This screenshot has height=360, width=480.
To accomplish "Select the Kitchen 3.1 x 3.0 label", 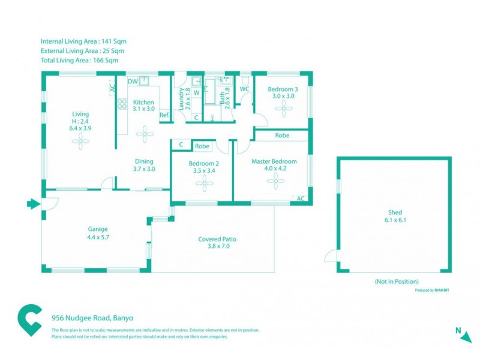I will (x=144, y=106).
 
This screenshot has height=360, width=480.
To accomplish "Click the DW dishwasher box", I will (x=133, y=82).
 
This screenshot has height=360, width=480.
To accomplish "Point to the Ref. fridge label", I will (x=164, y=115).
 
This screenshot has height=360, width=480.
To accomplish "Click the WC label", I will (x=244, y=89).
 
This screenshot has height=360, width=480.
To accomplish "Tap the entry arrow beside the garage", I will (x=33, y=205).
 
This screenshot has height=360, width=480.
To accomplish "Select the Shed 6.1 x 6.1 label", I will (x=394, y=216).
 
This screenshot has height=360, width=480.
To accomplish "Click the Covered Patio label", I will (x=217, y=242).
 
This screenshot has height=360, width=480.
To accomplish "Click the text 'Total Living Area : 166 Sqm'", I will (x=79, y=60).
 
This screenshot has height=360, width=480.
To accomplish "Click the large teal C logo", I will (x=30, y=322).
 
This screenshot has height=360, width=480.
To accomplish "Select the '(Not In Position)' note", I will (x=396, y=281).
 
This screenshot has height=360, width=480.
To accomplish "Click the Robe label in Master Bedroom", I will (x=282, y=136).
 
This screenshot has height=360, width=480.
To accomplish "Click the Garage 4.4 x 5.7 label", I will (x=98, y=233).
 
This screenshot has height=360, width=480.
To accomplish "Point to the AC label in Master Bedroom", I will (x=301, y=199).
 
